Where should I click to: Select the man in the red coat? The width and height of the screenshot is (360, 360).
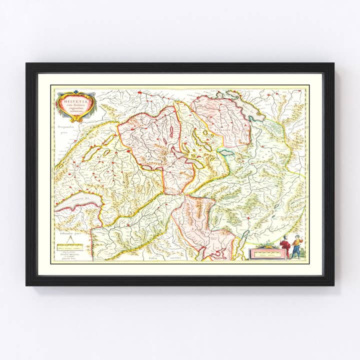pyautogui.click(x=284, y=246)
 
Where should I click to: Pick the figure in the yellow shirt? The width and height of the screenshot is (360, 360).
pyautogui.click(x=297, y=246)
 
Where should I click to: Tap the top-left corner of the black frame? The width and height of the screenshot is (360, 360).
pyautogui.click(x=27, y=64)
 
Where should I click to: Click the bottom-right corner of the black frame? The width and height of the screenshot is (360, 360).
pyautogui.click(x=333, y=284)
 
